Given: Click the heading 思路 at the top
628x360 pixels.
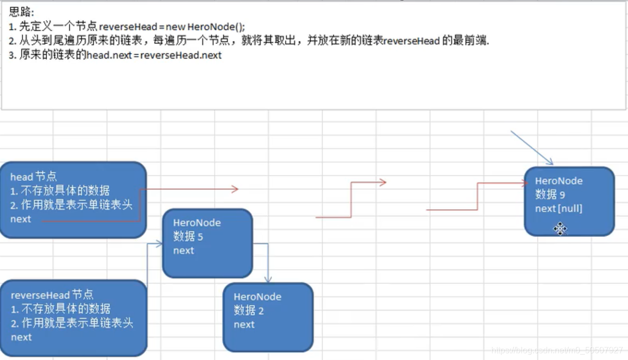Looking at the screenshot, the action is [21, 13].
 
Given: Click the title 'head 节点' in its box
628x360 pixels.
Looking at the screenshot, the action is [34, 177].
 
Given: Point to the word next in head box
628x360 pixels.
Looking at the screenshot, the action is [21, 219].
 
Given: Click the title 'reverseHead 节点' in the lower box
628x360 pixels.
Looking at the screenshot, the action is [52, 295].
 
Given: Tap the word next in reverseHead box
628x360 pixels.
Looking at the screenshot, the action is [21, 337].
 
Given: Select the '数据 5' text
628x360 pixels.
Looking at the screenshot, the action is [188, 237].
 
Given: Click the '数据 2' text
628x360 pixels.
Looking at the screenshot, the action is [249, 311].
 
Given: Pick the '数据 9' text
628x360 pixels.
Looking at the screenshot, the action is [550, 195].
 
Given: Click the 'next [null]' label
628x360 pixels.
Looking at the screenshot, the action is [558, 208].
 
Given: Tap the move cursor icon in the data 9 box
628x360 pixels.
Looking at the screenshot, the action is [559, 229].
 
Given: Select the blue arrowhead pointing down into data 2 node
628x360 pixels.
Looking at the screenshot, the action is [267, 279].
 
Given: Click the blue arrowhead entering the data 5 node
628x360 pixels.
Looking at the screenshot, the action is [158, 244].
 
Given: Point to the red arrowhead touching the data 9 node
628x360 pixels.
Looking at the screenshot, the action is [524, 183].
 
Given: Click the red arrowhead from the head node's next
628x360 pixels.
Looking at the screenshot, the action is [235, 189].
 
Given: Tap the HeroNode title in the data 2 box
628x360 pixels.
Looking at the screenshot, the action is [257, 297].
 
